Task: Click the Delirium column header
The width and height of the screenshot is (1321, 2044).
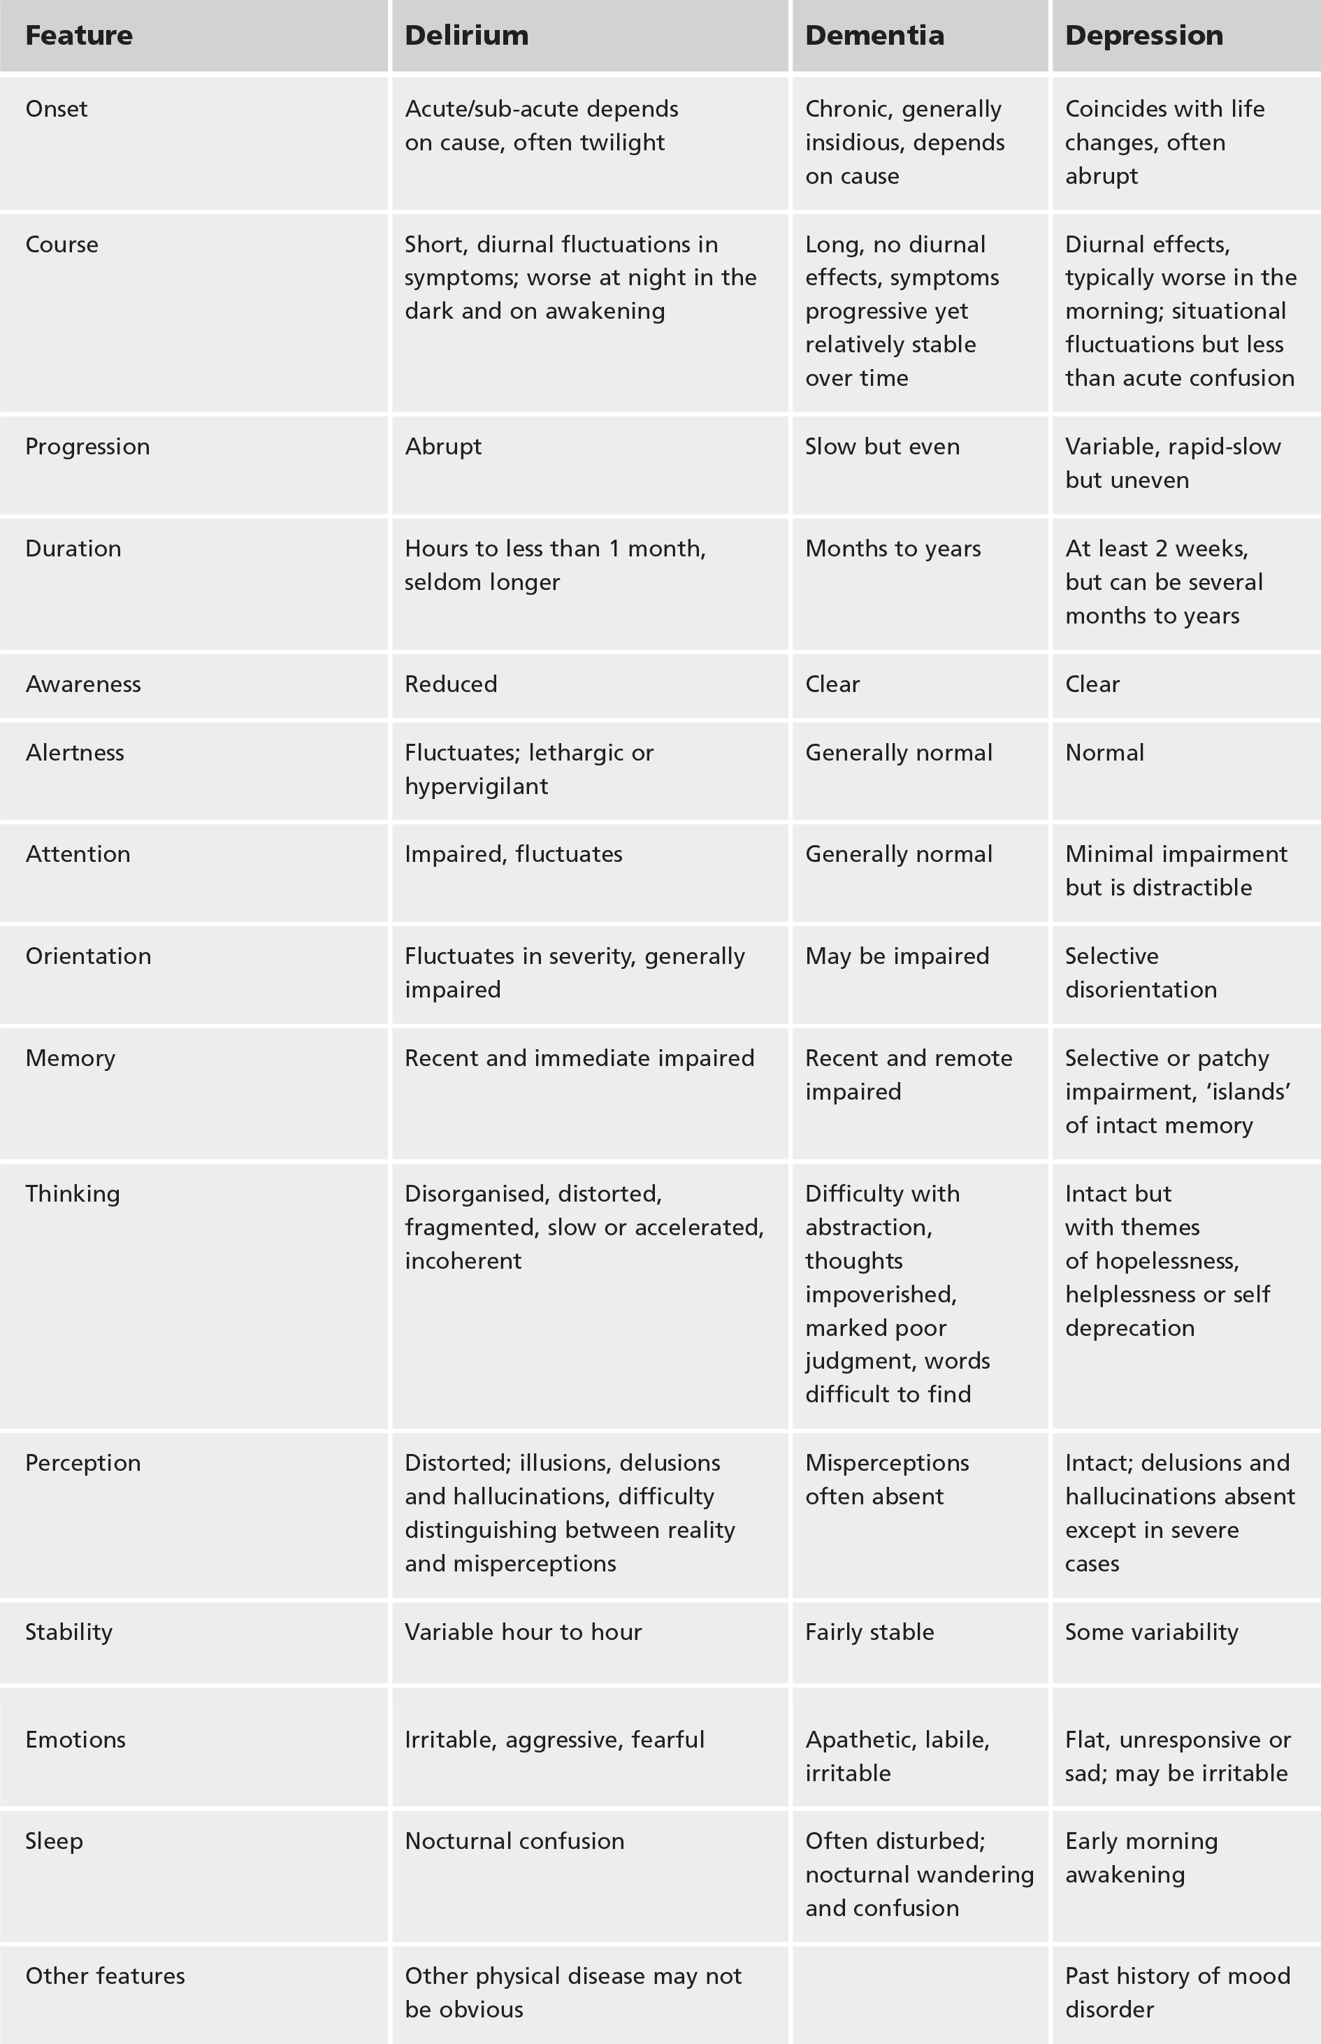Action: (467, 35)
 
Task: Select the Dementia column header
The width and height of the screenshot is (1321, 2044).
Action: (874, 35)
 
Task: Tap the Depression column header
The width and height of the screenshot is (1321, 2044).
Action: (1143, 35)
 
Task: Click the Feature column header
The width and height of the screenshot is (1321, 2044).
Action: (79, 35)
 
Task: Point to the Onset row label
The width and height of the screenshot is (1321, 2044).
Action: (57, 109)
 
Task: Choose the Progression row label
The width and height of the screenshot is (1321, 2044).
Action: (87, 446)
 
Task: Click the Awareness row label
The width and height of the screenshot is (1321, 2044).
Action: (83, 684)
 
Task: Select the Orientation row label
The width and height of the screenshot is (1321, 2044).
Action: (88, 956)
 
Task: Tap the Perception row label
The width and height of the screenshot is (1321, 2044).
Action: (83, 1462)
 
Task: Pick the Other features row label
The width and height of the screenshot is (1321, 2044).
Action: (106, 1975)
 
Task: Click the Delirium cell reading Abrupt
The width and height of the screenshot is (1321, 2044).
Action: (443, 446)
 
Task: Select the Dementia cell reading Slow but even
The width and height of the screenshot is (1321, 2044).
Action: (882, 446)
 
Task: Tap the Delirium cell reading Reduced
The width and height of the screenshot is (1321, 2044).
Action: (452, 684)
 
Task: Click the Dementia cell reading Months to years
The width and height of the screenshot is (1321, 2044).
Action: (893, 548)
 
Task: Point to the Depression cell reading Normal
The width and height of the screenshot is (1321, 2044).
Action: (1104, 752)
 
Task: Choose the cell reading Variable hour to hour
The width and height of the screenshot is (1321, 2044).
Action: (524, 1632)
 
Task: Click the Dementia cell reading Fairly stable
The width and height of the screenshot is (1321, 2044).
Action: (869, 1632)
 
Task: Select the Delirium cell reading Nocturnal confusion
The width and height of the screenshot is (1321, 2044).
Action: (514, 1841)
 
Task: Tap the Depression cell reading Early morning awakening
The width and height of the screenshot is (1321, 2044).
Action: (1141, 1857)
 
